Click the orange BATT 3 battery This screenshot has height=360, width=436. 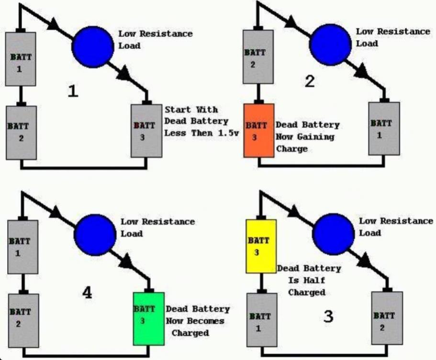tap(259, 131)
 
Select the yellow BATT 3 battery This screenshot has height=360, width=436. tap(261, 246)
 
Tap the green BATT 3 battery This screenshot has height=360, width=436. tap(149, 319)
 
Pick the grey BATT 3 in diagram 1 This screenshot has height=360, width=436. tap(146, 131)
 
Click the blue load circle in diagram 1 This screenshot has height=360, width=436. tap(93, 47)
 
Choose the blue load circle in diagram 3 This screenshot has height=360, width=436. tap(334, 234)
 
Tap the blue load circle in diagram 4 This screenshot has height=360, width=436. tap(95, 235)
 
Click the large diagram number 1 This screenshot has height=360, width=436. tap(73, 91)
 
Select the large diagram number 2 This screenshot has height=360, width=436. tap(310, 81)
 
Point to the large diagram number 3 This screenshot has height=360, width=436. tap(328, 316)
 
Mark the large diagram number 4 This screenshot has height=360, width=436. tap(87, 292)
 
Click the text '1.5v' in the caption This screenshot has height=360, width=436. tap(228, 133)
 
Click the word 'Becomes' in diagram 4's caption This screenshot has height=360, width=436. tap(205, 321)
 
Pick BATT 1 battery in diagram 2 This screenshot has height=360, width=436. tap(384, 128)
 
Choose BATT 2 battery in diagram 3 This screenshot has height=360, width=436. tap(387, 318)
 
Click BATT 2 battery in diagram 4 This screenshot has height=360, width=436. tap(23, 320)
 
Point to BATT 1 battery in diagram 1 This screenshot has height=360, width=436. tap(21, 59)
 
